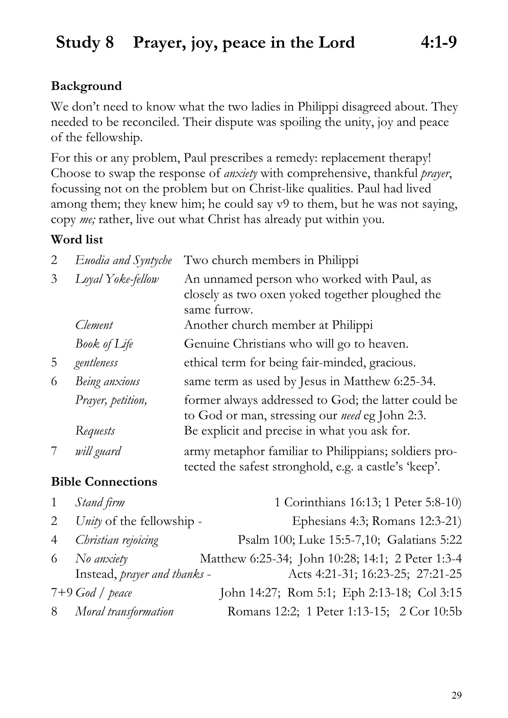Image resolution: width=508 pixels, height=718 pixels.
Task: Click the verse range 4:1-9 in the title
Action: pos(439,43)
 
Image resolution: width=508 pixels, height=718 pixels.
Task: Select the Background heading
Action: pos(86,86)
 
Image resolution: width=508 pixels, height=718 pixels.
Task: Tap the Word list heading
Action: pos(77,239)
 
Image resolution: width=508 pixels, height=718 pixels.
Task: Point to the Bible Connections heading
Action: pos(104,482)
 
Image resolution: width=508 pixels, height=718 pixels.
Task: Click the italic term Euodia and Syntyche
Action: pos(123,260)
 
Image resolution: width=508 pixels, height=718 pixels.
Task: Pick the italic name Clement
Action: pos(94,325)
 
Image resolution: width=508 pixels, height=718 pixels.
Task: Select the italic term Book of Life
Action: pos(104,344)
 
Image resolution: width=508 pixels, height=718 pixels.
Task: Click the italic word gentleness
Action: pos(96,363)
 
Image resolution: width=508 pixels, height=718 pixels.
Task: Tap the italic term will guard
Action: pos(98,451)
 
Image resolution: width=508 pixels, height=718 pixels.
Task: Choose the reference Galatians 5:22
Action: pos(424,540)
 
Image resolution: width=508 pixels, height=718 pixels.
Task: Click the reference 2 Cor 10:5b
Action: pos(430,611)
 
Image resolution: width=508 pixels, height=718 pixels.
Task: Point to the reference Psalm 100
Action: pos(264,540)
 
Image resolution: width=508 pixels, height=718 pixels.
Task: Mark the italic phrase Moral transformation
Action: pos(124,611)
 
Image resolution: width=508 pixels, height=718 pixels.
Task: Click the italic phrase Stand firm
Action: pos(100,503)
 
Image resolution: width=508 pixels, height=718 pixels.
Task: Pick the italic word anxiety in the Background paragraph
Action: pos(240,173)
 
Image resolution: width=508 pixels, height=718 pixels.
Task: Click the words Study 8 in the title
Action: pos(85,43)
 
